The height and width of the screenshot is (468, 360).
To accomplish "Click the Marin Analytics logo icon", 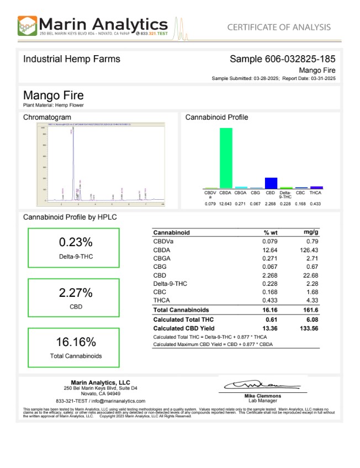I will point(28,26).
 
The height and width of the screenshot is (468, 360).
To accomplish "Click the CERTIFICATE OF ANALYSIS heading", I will point(279,27).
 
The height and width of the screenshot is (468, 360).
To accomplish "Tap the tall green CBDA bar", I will point(226,158).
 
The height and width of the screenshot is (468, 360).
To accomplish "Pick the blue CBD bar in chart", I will point(271,183).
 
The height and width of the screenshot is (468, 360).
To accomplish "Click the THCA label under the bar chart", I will point(315,193).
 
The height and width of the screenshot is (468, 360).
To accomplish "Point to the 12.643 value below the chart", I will point(225,204).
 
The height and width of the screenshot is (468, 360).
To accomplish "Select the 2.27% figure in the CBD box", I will point(76,292).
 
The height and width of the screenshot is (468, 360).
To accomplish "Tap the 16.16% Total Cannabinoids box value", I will point(76,342).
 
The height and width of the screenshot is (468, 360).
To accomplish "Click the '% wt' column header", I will point(270,232).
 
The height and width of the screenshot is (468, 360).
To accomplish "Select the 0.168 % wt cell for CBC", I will point(270,292).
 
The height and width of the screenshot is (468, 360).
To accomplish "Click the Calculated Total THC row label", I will point(183,320).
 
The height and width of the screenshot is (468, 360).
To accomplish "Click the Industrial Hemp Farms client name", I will point(71,59).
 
